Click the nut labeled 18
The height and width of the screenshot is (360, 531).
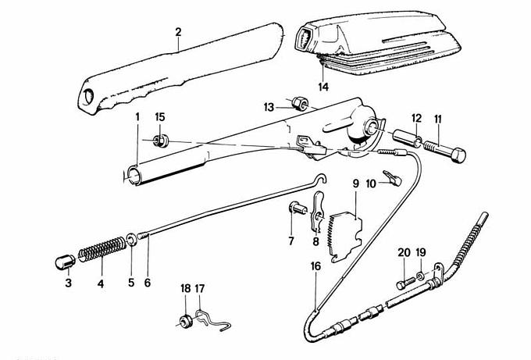(x=186, y=319)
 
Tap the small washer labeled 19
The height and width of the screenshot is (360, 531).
(x=421, y=275)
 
